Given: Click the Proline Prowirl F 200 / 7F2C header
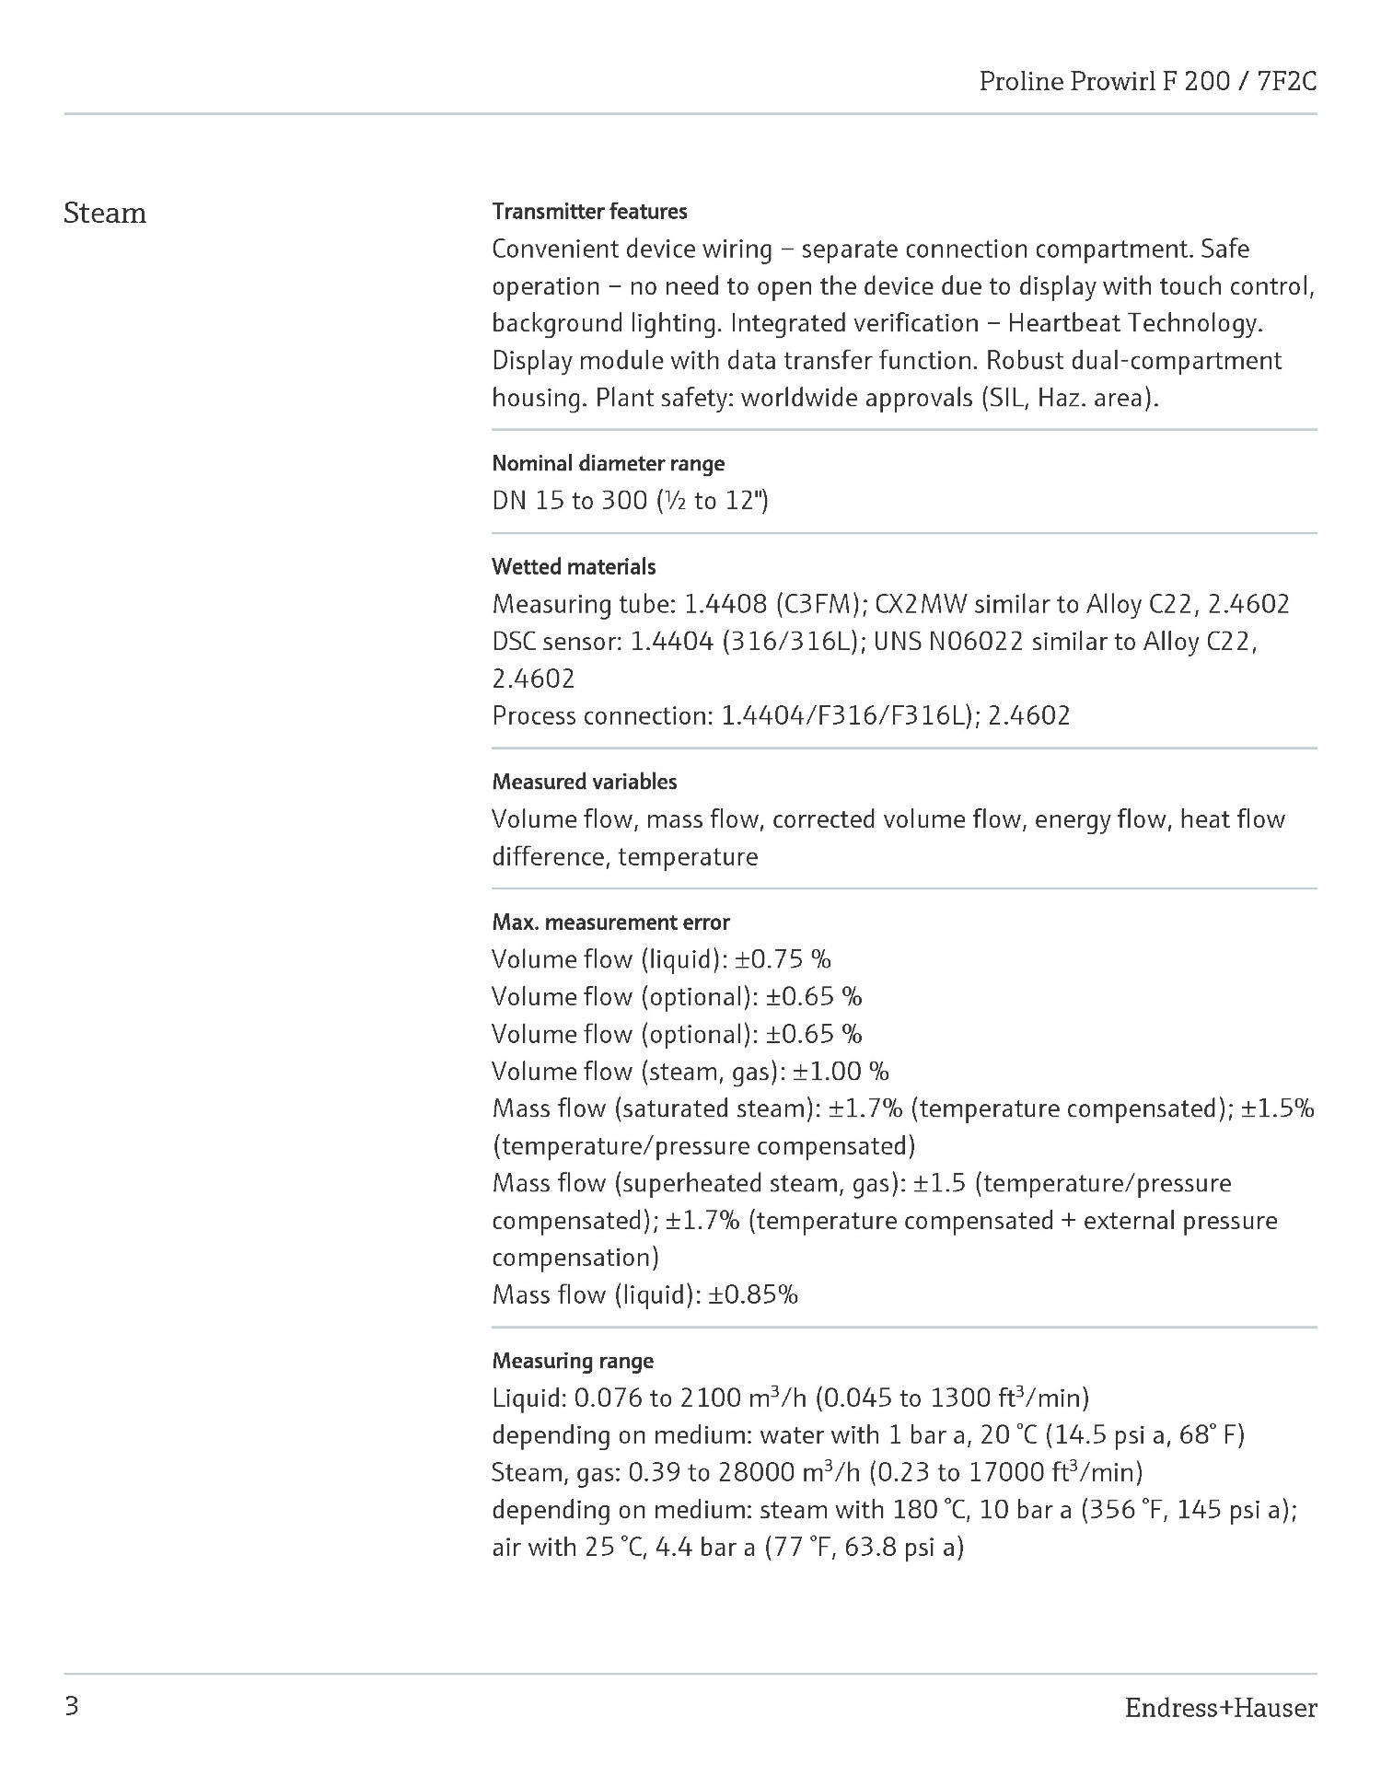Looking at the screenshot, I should click(x=1147, y=82).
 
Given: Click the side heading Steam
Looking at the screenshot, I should click(x=105, y=214).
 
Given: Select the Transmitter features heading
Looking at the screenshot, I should click(x=589, y=212).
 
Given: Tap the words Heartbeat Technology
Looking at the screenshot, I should click(x=1134, y=323).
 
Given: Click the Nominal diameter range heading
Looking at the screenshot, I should click(x=608, y=463).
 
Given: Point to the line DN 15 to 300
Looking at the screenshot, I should click(x=630, y=501).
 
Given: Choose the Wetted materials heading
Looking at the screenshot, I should click(x=574, y=566).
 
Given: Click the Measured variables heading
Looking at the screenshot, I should click(x=584, y=782).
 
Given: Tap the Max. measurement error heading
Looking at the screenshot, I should click(x=610, y=922).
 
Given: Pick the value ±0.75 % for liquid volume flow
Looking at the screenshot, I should click(x=783, y=959).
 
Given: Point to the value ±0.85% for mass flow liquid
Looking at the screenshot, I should click(x=752, y=1295).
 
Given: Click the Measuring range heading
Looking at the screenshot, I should click(x=573, y=1361).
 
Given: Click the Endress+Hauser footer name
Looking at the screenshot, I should click(x=1220, y=1709).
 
